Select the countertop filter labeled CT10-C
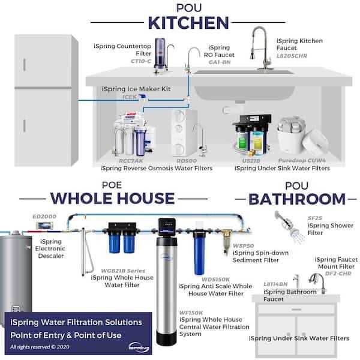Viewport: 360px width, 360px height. [161, 55]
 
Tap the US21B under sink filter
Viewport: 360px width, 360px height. [251, 135]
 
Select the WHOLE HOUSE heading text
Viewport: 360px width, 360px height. [112, 198]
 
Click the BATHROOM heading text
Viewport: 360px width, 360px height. [298, 199]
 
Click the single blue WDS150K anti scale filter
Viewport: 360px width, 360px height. [200, 253]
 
